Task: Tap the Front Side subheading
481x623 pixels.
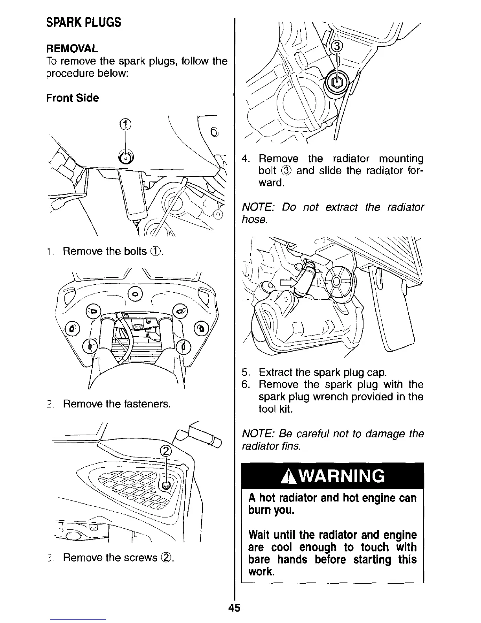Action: click(72, 98)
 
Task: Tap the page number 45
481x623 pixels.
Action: click(234, 608)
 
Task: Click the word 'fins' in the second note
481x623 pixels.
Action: click(292, 446)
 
